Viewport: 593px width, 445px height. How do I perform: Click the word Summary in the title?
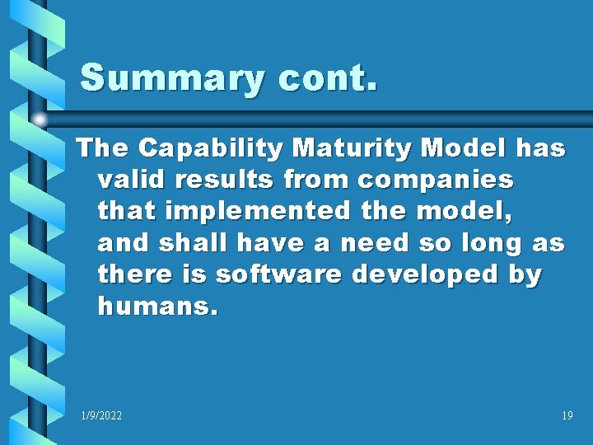coord(174,79)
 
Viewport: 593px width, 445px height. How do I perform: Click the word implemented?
coord(258,211)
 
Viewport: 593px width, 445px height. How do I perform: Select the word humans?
coord(157,307)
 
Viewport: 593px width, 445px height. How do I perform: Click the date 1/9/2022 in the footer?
coord(101,416)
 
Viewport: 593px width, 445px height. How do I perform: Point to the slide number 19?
coord(567,416)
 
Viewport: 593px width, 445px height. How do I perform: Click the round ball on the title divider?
coord(40,119)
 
